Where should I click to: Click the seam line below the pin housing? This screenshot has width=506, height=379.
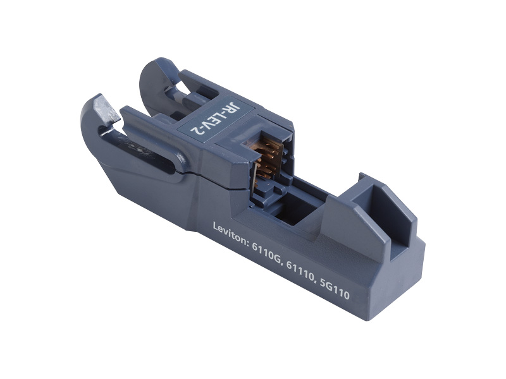pyautogui.click(x=234, y=189)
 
